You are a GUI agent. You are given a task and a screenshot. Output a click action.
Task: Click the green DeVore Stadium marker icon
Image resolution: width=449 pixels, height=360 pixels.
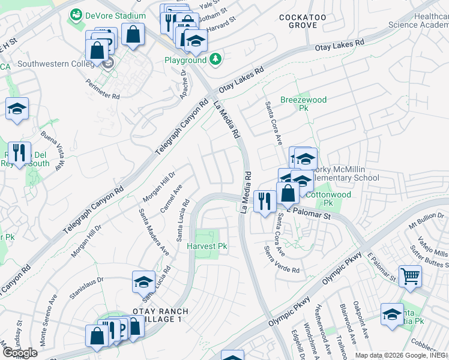[x=76, y=15]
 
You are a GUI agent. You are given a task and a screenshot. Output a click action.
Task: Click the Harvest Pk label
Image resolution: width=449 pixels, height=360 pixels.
[x=206, y=246]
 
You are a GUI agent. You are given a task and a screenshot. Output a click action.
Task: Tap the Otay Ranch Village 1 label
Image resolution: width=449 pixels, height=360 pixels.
[x=160, y=316]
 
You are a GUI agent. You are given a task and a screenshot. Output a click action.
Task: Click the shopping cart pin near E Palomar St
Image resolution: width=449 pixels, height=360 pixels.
[x=410, y=276]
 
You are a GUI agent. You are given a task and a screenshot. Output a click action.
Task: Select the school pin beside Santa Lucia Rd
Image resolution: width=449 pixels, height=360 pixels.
[x=144, y=282]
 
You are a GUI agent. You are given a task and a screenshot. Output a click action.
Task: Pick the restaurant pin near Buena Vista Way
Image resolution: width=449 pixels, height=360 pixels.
[x=19, y=154]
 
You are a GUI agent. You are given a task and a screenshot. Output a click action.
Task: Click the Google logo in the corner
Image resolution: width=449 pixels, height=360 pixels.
[x=20, y=353]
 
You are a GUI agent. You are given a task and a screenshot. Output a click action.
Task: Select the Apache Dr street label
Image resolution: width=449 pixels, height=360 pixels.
[x=184, y=85]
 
